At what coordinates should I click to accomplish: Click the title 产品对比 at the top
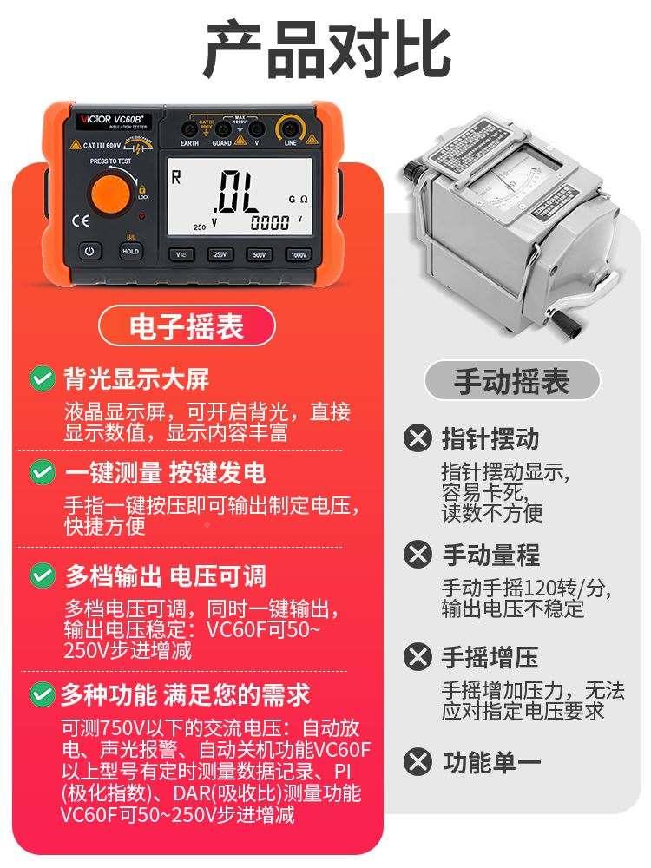click(x=326, y=50)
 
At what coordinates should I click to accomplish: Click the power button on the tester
click(x=89, y=252)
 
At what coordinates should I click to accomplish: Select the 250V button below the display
click(x=220, y=255)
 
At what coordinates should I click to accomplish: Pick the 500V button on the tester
click(x=260, y=255)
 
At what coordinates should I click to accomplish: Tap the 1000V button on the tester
click(x=299, y=255)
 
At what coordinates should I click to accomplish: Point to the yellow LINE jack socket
click(x=290, y=130)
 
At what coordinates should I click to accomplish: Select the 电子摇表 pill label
click(x=187, y=326)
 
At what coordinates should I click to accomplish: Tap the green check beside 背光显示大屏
click(x=41, y=378)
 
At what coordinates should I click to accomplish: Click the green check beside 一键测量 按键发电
click(x=41, y=473)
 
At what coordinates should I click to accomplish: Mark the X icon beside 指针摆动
click(x=418, y=437)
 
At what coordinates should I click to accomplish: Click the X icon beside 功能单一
click(x=418, y=762)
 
